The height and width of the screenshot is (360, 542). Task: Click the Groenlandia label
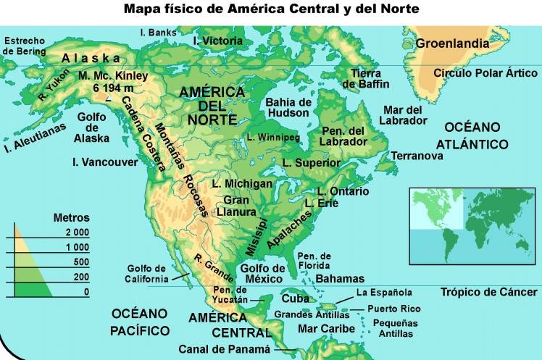click(452, 43)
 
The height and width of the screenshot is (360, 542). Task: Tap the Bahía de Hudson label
click(288, 107)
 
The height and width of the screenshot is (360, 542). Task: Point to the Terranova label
click(417, 156)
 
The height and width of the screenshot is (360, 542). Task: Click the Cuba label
click(295, 298)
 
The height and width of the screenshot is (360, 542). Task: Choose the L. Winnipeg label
click(273, 136)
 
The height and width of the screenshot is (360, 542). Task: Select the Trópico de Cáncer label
click(489, 292)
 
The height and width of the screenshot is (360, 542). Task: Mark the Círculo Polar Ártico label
click(485, 73)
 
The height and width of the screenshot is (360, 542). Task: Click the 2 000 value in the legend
click(76, 232)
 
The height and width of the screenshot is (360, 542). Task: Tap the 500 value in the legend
click(80, 261)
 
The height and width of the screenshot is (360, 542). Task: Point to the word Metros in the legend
click(72, 217)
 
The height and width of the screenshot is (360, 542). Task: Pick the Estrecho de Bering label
click(24, 46)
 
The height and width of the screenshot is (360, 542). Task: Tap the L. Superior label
click(312, 163)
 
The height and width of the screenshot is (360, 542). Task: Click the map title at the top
click(271, 10)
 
